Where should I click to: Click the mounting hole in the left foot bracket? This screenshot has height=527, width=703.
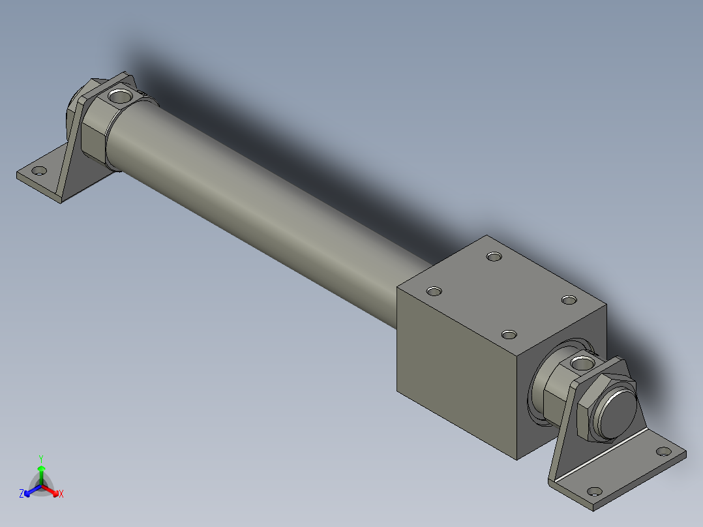coord(39,171)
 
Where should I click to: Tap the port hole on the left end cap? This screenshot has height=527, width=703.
coord(120,97)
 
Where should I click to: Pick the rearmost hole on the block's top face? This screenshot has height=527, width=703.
coord(494,256)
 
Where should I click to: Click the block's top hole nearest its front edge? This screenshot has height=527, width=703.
coord(509,335)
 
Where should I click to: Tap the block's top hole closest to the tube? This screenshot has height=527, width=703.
coord(434,290)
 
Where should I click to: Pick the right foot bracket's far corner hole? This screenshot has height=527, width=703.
coord(663,451)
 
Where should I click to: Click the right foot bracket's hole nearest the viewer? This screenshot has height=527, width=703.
coord(593,491)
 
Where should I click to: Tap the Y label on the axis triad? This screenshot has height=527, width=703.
coord(40,459)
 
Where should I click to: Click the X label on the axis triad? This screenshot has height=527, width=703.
coord(61,494)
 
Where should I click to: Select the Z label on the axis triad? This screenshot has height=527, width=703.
coord(22,494)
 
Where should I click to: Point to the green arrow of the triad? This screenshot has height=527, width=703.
coord(41,472)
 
